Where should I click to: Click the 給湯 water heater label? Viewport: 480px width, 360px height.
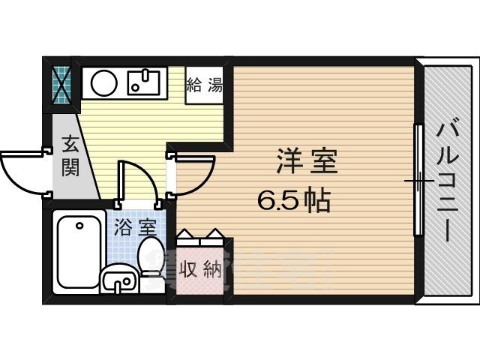pyautogui.click(x=204, y=84)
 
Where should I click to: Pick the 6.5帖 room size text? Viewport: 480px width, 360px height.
pyautogui.click(x=295, y=200)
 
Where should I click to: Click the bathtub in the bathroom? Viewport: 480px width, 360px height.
pyautogui.click(x=79, y=252)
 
